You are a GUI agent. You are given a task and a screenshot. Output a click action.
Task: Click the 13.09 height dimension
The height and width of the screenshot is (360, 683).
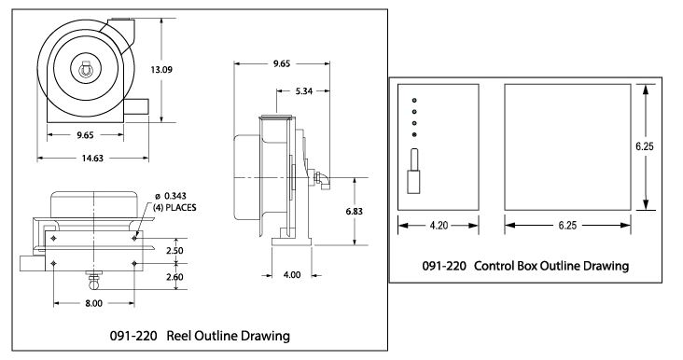(x=161, y=70)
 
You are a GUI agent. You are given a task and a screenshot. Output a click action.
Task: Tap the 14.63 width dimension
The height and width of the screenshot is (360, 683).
(x=92, y=159)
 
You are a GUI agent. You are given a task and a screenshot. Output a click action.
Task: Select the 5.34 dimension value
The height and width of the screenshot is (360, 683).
(x=303, y=91)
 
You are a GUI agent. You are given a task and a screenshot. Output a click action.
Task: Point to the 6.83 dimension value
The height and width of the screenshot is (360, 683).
(x=355, y=212)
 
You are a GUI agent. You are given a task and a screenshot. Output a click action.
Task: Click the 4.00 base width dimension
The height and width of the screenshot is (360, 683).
(x=292, y=275)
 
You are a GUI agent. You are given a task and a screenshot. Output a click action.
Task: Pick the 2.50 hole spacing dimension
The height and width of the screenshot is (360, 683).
(x=174, y=251)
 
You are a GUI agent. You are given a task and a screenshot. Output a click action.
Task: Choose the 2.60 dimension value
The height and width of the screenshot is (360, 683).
(x=174, y=277)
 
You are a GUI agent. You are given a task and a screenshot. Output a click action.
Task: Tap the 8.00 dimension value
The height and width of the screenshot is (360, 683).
(x=93, y=303)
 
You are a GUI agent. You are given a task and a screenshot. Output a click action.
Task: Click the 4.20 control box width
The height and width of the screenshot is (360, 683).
(x=439, y=226)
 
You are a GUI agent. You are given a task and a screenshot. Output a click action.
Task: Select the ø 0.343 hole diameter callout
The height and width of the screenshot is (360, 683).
(x=171, y=197)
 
